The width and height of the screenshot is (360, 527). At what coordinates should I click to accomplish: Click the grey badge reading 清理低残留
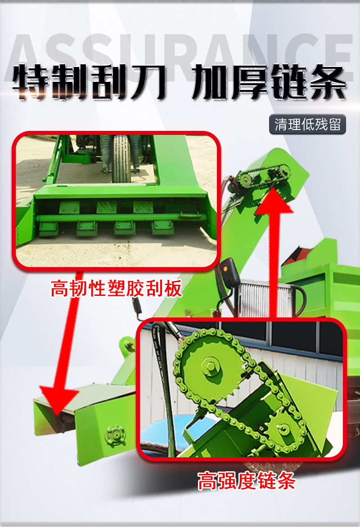tap(307, 125)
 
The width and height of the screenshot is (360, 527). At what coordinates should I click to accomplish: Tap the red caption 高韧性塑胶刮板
tap(117, 288)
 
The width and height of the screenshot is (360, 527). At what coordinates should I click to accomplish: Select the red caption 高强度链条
tap(247, 481)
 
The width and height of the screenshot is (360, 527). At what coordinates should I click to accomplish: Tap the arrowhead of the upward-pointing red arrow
tap(274, 201)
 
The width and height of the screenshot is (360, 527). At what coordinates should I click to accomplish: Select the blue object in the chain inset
tap(168, 437)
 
